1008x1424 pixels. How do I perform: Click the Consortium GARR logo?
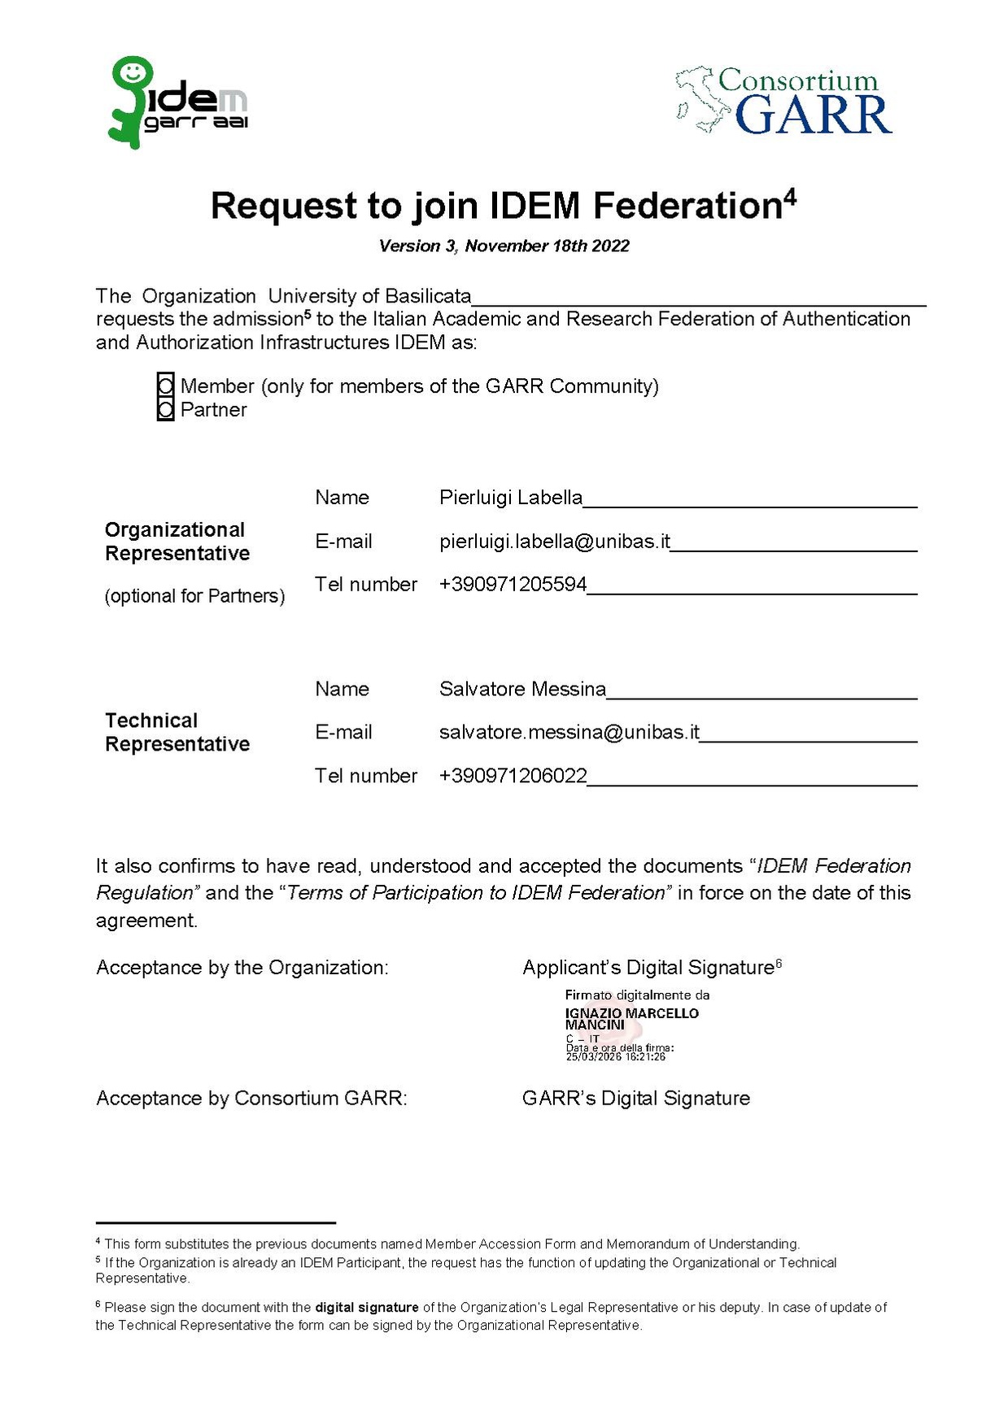click(x=784, y=102)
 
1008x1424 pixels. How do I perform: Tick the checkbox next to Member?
click(x=166, y=385)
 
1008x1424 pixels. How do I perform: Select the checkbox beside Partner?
click(x=166, y=409)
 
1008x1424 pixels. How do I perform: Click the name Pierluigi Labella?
click(x=510, y=497)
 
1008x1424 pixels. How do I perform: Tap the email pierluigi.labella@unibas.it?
click(x=554, y=541)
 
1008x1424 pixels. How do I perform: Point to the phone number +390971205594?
click(x=513, y=584)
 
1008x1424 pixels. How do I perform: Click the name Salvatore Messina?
click(x=522, y=689)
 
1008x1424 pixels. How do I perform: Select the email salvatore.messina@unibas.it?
click(x=569, y=732)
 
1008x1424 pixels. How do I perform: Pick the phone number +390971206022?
click(x=513, y=775)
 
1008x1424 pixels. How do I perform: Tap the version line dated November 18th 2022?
click(x=504, y=246)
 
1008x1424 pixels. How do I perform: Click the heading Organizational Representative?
click(x=177, y=542)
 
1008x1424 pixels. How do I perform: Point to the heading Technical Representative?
click(x=177, y=732)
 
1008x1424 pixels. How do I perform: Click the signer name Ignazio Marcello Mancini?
click(x=631, y=1018)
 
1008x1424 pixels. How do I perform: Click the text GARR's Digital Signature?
click(x=635, y=1098)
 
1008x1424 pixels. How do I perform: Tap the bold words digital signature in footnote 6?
click(x=366, y=1307)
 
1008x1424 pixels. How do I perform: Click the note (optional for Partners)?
click(x=194, y=596)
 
